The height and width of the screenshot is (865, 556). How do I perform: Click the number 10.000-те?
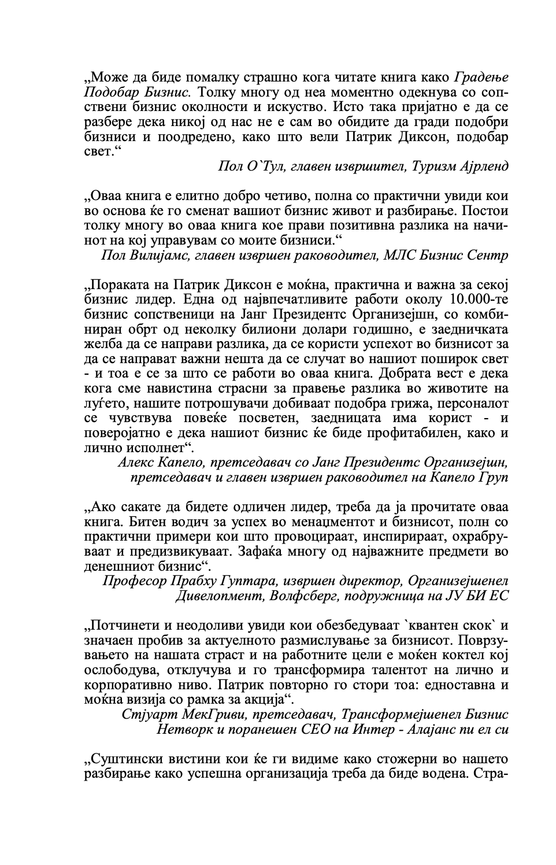pyautogui.click(x=476, y=301)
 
